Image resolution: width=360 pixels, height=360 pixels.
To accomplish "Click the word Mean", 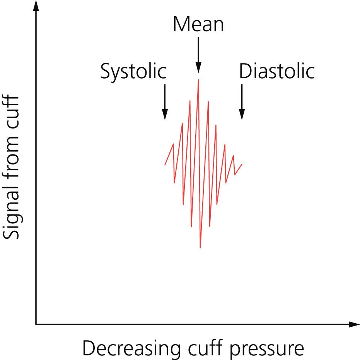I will [198, 24].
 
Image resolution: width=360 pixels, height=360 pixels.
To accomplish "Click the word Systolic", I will [133, 72].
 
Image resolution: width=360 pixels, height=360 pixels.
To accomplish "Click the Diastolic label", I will [276, 72].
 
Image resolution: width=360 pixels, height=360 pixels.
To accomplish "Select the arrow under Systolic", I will [165, 101].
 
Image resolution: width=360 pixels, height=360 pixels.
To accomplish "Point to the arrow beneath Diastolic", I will [242, 101].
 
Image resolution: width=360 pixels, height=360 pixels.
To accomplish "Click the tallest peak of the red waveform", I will [198, 80].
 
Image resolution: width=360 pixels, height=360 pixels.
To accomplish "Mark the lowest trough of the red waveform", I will [200, 247].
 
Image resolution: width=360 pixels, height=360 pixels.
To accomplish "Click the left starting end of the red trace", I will [165, 165].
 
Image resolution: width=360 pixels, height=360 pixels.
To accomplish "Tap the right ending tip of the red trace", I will [242, 164].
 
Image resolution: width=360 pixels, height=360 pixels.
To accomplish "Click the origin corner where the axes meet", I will [36, 324].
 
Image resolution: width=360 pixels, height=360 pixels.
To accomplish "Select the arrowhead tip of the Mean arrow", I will [198, 71].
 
